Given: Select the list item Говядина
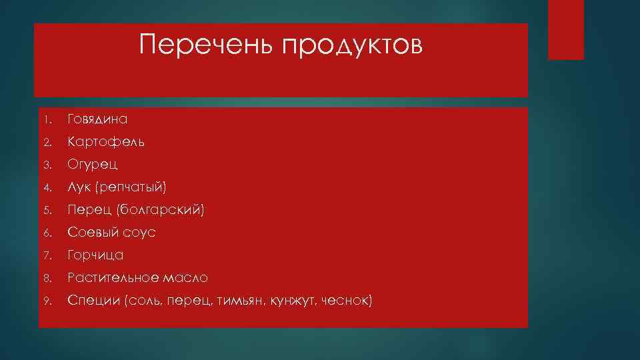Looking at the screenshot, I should [x=97, y=119].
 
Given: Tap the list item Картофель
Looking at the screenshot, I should [x=105, y=142].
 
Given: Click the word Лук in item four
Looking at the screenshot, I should [x=78, y=187].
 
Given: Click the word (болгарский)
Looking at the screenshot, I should [x=161, y=210].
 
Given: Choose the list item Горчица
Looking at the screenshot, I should [x=95, y=255].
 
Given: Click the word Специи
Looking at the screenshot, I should [x=93, y=301].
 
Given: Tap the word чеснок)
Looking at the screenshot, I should [x=347, y=301].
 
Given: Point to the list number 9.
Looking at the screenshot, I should [x=45, y=301].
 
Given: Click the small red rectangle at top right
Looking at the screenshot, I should [x=565, y=29].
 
